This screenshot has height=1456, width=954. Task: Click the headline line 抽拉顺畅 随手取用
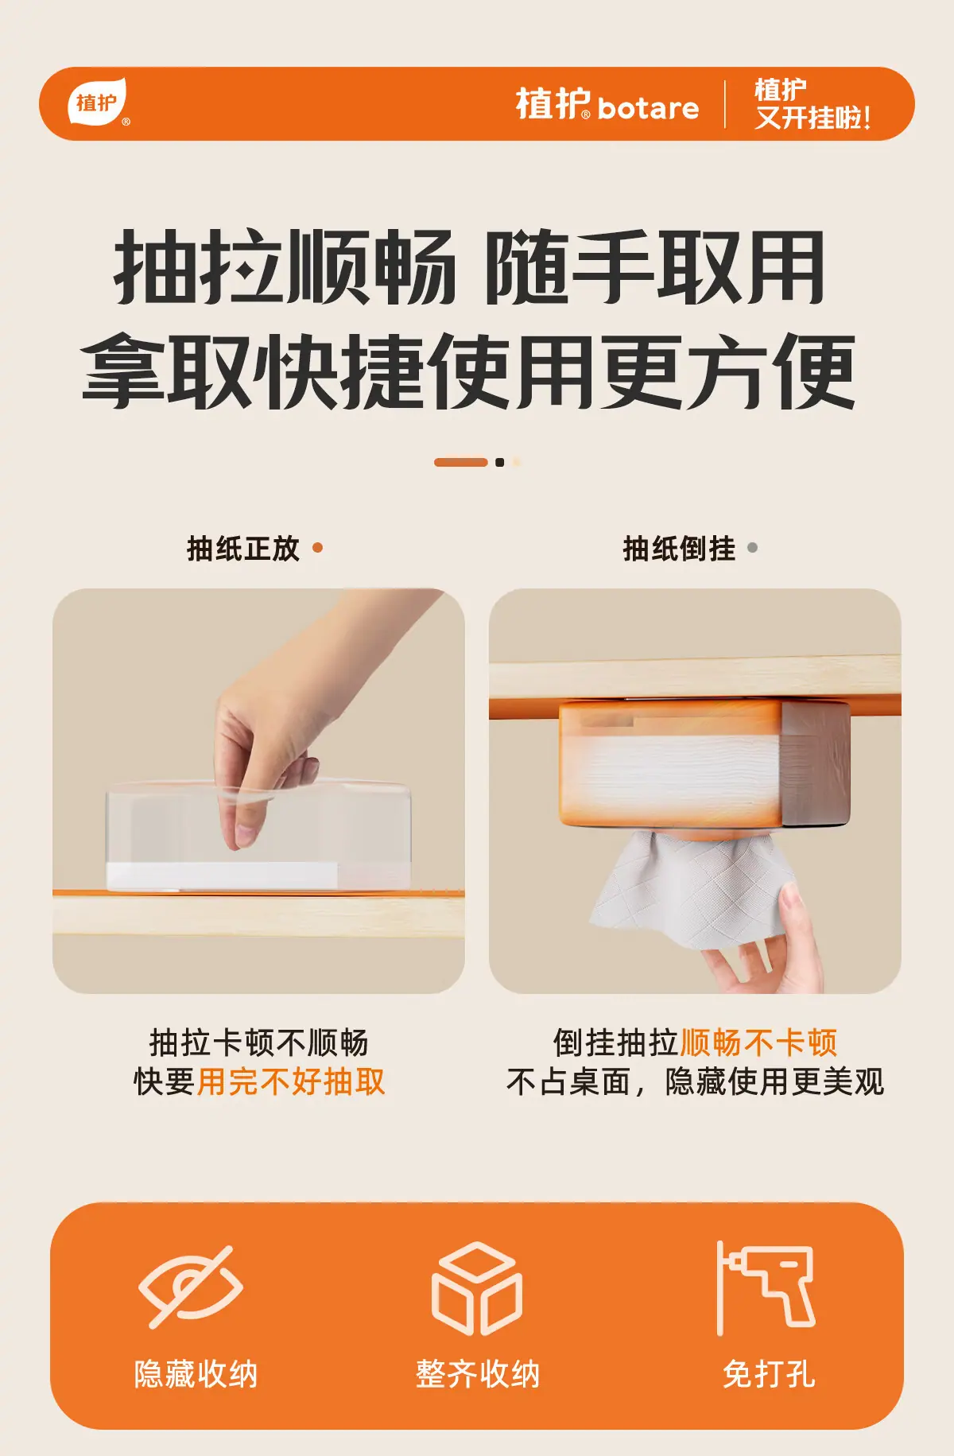[469, 267]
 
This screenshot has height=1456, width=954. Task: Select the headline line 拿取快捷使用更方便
[469, 371]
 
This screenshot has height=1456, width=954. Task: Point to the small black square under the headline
[499, 462]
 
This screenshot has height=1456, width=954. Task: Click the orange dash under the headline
[460, 462]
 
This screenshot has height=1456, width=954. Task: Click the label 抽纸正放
[243, 548]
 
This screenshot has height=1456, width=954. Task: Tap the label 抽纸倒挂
[680, 548]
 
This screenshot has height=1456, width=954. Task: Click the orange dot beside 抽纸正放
[318, 547]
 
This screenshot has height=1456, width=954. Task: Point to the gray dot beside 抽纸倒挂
[752, 547]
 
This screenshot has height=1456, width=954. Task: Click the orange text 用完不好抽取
[291, 1081]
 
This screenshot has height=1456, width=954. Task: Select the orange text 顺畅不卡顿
[758, 1042]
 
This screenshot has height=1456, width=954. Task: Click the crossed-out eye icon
[191, 1286]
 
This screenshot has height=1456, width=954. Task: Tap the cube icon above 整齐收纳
[477, 1288]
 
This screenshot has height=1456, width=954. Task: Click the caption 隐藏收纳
[196, 1374]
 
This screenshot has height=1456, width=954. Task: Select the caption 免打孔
[769, 1374]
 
